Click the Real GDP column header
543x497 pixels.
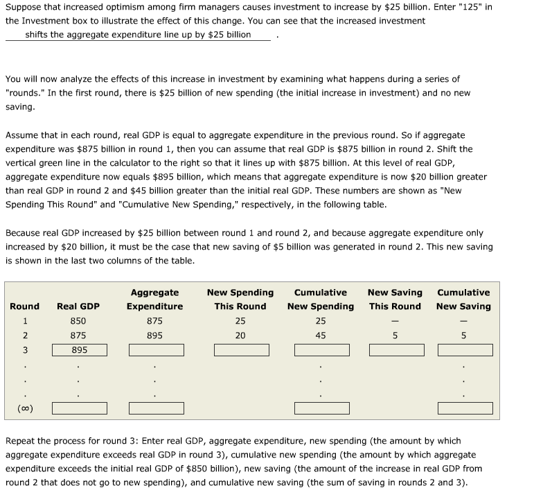click(78, 306)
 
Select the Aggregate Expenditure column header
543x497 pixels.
click(154, 299)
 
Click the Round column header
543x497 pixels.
click(25, 306)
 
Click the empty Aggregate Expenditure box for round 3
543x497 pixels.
click(154, 350)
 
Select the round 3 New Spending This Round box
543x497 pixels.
click(240, 350)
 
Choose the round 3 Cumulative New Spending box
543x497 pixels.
click(321, 350)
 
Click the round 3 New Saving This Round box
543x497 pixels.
click(395, 350)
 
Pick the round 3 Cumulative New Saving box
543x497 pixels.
click(464, 350)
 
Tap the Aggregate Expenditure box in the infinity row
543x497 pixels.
click(154, 408)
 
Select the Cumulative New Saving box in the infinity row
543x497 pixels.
click(464, 408)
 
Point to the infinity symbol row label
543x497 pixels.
click(25, 408)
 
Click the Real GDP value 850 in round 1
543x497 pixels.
click(78, 321)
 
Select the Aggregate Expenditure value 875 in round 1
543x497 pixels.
click(154, 321)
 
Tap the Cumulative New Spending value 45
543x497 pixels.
click(321, 335)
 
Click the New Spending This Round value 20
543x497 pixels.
click(240, 335)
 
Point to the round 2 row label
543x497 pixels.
click(25, 335)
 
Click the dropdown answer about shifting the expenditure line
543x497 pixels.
click(138, 35)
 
